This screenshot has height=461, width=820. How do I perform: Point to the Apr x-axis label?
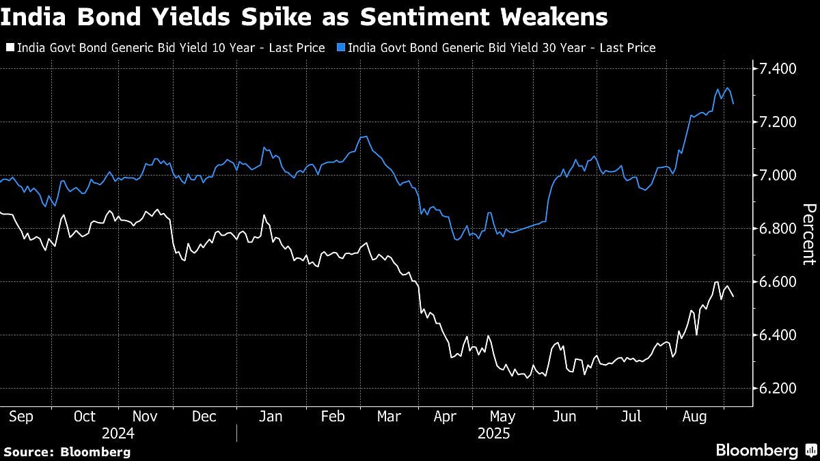pyautogui.click(x=445, y=417)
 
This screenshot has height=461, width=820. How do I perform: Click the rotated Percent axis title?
pyautogui.click(x=808, y=234)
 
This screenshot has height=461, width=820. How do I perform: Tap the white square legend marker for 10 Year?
pyautogui.click(x=10, y=48)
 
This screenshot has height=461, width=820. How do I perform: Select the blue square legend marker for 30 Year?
pyautogui.click(x=340, y=48)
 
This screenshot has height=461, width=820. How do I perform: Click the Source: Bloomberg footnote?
pyautogui.click(x=66, y=451)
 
